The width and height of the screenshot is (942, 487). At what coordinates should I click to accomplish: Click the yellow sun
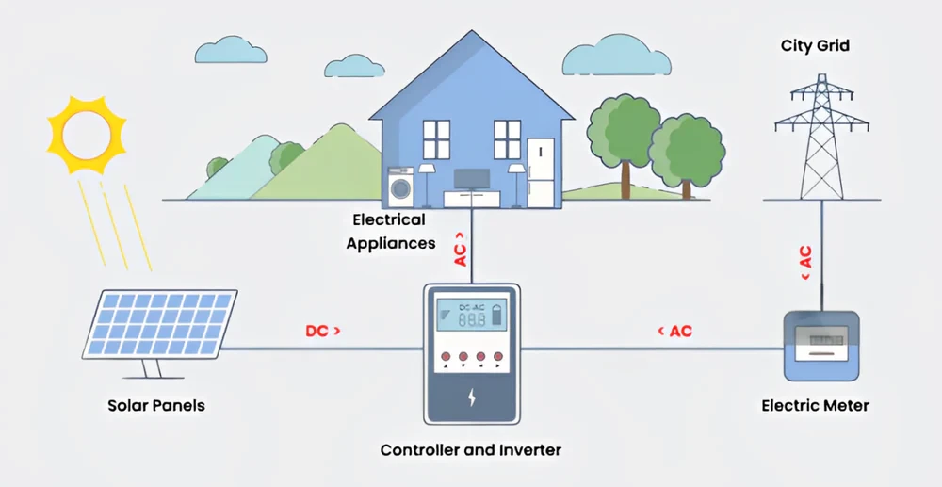[87, 134]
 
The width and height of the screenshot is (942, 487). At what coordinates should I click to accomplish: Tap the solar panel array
[160, 325]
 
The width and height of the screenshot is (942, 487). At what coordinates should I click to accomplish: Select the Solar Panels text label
[156, 406]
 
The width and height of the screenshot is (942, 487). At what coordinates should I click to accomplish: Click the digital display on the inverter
[470, 317]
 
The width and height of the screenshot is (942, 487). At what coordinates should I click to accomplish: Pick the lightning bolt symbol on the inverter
[471, 397]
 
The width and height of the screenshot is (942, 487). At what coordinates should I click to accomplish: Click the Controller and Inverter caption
[470, 450]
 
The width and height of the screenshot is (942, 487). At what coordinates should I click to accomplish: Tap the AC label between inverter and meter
[674, 332]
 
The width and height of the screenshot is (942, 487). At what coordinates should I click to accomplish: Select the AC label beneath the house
[462, 250]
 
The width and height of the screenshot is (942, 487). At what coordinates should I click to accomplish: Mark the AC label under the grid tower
[806, 263]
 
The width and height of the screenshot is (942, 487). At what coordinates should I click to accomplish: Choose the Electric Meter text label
[815, 406]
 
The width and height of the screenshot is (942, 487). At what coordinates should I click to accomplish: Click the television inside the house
[471, 178]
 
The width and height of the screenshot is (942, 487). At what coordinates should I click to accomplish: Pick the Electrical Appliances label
[390, 232]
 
